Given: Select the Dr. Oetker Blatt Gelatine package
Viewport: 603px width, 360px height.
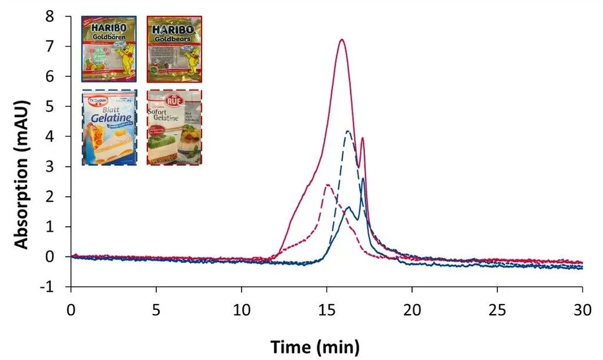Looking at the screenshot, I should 109,128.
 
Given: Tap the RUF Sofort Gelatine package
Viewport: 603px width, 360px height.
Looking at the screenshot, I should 174,128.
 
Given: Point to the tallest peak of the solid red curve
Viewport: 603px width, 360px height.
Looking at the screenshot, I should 342,40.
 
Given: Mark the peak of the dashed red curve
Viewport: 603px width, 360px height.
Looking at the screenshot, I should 327,185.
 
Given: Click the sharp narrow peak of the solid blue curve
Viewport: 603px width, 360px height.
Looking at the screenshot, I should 363,179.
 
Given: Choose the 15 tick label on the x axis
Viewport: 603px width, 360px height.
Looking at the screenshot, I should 327,309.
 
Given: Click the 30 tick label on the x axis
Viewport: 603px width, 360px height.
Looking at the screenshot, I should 583,309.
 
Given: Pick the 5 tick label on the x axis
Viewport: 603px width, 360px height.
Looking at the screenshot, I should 156,309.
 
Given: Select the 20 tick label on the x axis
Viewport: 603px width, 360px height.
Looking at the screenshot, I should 412,309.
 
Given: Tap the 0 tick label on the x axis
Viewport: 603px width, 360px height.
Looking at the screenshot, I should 70,309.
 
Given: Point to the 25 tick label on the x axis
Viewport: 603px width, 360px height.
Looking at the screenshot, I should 498,309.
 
